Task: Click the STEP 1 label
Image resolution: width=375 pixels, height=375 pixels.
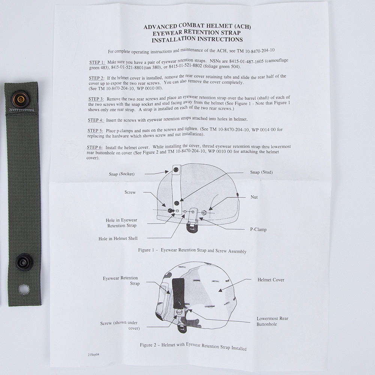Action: click(97, 62)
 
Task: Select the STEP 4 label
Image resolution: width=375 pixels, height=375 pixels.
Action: click(96, 120)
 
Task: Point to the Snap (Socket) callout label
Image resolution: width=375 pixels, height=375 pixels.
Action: click(122, 174)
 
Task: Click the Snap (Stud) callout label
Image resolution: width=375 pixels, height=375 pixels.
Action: click(261, 172)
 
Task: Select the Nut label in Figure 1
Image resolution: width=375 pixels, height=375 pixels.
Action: click(254, 197)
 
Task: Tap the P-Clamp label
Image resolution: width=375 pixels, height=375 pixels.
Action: click(258, 229)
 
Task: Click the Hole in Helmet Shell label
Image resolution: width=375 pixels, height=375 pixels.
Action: click(118, 238)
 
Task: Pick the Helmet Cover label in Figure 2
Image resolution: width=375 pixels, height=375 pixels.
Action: click(271, 280)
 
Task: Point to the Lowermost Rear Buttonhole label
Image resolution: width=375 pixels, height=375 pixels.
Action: click(272, 321)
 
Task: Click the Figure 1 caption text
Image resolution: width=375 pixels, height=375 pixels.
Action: click(192, 250)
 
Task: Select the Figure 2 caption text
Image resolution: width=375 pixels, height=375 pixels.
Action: click(193, 346)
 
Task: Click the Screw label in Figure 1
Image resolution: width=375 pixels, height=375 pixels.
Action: click(130, 192)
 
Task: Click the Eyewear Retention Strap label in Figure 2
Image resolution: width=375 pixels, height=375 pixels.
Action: click(120, 280)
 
